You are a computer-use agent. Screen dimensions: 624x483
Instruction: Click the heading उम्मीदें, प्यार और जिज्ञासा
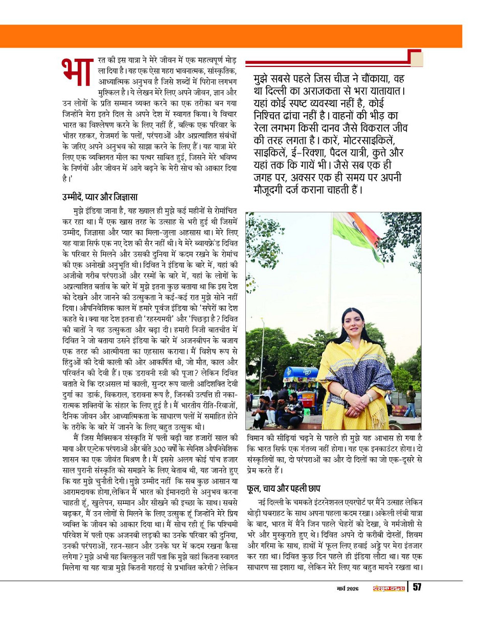(100, 197)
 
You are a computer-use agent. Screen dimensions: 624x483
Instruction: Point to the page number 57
(417, 588)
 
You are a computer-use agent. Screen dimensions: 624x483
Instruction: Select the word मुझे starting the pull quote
(266, 80)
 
